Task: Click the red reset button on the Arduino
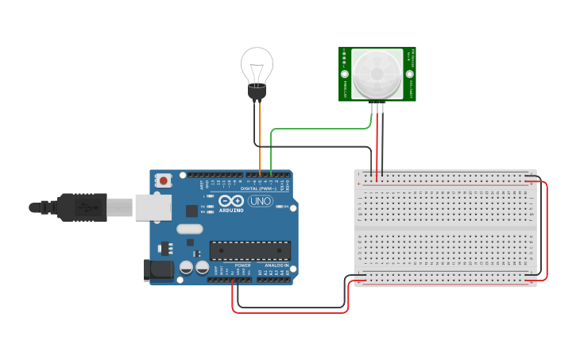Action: tap(163, 180)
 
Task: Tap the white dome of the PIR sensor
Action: tap(377, 74)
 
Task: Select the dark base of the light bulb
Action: tap(257, 92)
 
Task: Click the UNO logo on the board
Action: tap(261, 201)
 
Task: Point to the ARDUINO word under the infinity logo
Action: tap(231, 210)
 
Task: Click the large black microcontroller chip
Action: tap(249, 250)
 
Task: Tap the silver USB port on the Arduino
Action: tap(153, 207)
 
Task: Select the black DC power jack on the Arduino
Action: tap(160, 270)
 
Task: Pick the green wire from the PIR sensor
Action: tap(318, 128)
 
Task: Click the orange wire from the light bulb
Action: tap(260, 135)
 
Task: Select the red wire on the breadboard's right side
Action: tap(547, 230)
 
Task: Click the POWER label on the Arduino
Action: tap(242, 265)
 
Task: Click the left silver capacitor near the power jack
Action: tap(186, 268)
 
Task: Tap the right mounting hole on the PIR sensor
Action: tap(411, 74)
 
